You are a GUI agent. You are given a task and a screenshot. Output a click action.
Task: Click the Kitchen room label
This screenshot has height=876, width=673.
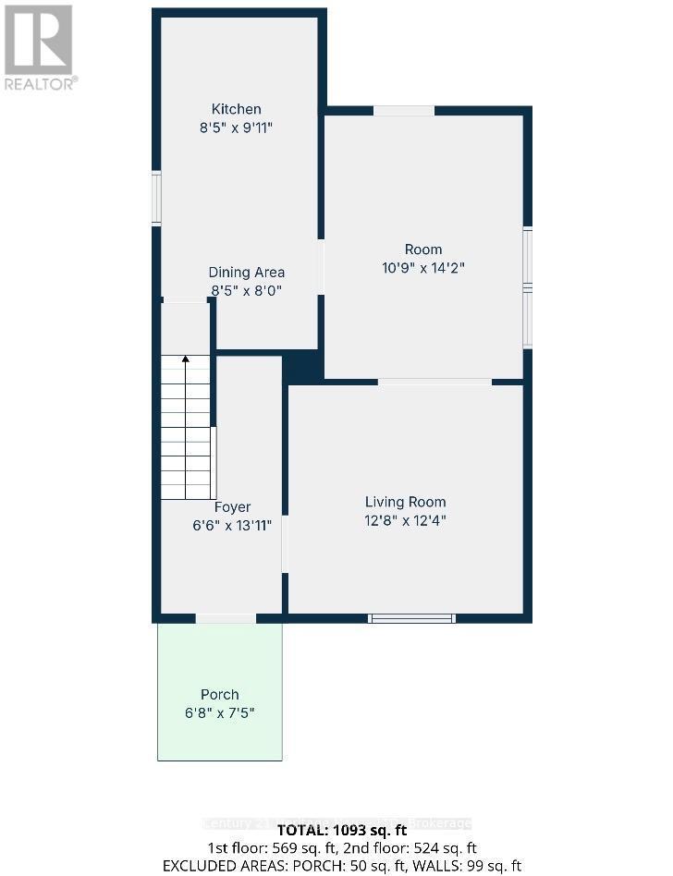click(237, 109)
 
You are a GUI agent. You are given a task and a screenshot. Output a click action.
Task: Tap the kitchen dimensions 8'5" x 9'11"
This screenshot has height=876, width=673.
click(237, 128)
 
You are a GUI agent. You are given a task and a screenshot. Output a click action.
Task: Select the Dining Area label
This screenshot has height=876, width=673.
click(246, 272)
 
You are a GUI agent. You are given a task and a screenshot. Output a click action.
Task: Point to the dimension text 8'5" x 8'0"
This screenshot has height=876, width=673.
click(246, 290)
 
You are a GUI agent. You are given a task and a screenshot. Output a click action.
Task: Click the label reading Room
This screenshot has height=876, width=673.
click(423, 249)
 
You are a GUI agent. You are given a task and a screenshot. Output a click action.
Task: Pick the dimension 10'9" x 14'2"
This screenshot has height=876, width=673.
click(423, 269)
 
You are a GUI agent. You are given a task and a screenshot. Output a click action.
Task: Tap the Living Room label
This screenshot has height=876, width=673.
click(405, 502)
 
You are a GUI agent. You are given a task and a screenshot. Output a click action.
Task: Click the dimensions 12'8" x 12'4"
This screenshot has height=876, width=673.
click(405, 520)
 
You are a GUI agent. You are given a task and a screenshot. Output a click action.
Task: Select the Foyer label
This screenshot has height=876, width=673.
click(232, 506)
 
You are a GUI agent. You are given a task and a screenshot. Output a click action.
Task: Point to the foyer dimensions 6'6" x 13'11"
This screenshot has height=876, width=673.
click(232, 525)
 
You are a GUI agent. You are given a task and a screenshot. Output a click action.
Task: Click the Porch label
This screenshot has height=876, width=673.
click(220, 694)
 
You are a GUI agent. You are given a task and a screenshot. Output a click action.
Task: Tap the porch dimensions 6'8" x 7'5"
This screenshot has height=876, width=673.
click(220, 713)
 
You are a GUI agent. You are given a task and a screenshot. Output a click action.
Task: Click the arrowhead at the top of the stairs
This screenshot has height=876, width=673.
click(186, 360)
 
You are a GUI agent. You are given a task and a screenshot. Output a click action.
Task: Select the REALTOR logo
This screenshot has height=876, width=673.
click(39, 46)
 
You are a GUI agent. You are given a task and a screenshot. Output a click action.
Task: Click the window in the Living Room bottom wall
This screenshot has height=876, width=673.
click(411, 618)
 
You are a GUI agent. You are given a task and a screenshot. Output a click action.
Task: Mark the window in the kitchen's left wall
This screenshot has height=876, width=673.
click(157, 199)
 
